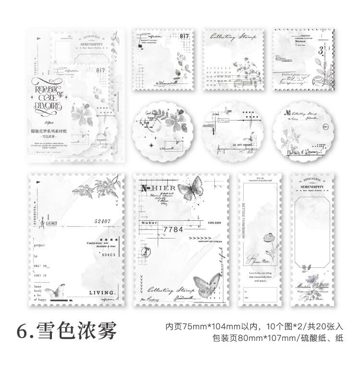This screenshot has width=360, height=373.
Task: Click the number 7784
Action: click(174, 229)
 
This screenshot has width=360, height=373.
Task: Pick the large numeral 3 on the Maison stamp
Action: click(320, 50)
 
